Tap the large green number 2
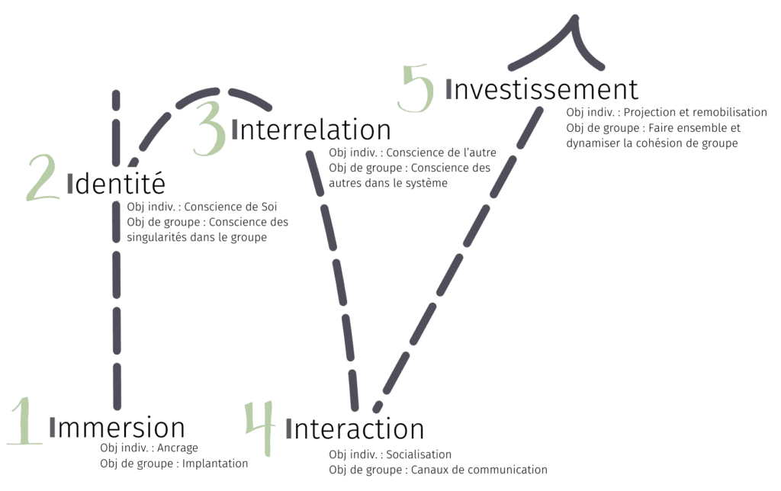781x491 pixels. pos(42,178)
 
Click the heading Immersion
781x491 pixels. pos(117,428)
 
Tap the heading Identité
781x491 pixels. pos(116,184)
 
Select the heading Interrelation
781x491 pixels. pos(310,130)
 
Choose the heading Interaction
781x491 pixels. pos(355,428)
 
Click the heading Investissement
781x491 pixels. pos(542,89)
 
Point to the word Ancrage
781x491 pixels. pos(177,448)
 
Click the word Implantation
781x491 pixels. pos(215,463)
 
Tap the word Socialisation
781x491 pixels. pos(419,454)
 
